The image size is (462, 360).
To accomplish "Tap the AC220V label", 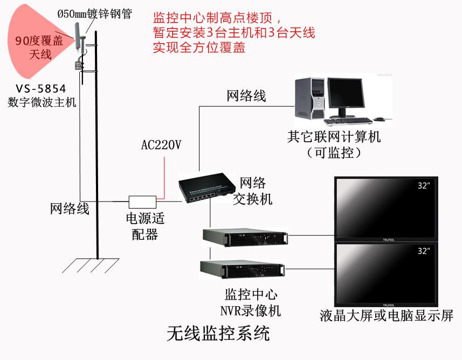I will pos(161,145).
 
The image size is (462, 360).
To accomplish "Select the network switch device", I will pos(210,191).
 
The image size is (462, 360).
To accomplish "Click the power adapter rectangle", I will pos(142,202).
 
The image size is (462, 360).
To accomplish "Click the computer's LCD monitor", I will pos(347,94).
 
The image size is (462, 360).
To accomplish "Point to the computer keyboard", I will pos(347,121).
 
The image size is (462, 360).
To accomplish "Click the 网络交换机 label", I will pos(253,191).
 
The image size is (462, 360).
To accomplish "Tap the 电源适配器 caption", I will pos(144,226).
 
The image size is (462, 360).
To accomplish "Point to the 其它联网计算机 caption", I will pos(334,137).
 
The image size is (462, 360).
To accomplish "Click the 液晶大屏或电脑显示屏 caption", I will pos(386,315).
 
